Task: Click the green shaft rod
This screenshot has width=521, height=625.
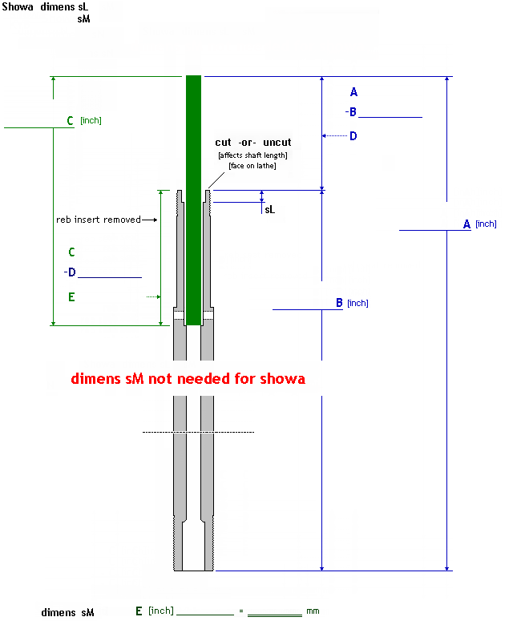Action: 193,200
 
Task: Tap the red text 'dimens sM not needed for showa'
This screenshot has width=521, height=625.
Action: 188,379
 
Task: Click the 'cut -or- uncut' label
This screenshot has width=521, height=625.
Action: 253,143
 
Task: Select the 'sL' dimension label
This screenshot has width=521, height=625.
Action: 269,209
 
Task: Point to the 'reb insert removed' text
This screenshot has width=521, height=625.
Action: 98,220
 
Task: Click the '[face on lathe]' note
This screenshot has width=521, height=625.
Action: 252,166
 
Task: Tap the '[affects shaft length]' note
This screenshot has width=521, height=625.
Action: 252,155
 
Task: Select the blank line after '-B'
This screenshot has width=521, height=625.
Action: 390,117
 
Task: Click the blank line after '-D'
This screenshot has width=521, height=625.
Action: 110,277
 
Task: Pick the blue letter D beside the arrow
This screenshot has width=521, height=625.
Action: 353,136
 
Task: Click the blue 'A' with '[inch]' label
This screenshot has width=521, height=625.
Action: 467,224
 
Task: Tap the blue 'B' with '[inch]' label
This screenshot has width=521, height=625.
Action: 340,303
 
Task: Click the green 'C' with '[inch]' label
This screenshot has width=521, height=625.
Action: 71,121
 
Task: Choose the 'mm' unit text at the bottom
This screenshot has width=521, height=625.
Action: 313,611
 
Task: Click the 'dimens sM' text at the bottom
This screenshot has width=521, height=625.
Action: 68,612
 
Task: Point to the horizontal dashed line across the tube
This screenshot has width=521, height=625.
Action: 198,433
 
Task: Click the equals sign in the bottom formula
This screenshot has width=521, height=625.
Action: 240,611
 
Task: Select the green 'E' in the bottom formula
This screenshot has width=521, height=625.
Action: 139,611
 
